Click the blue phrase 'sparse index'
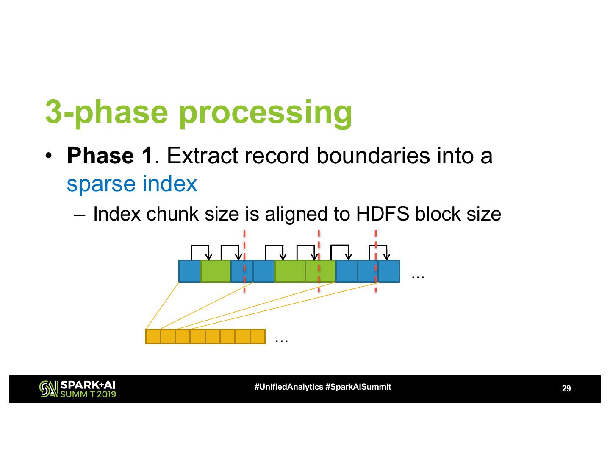(132, 184)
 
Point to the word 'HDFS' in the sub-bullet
(383, 214)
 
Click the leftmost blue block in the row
(189, 271)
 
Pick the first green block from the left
(216, 271)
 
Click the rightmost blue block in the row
(389, 271)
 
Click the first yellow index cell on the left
(153, 337)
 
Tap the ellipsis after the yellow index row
(282, 339)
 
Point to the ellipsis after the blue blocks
(418, 276)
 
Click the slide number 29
(566, 388)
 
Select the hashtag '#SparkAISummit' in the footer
(358, 387)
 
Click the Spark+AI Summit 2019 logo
(78, 389)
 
